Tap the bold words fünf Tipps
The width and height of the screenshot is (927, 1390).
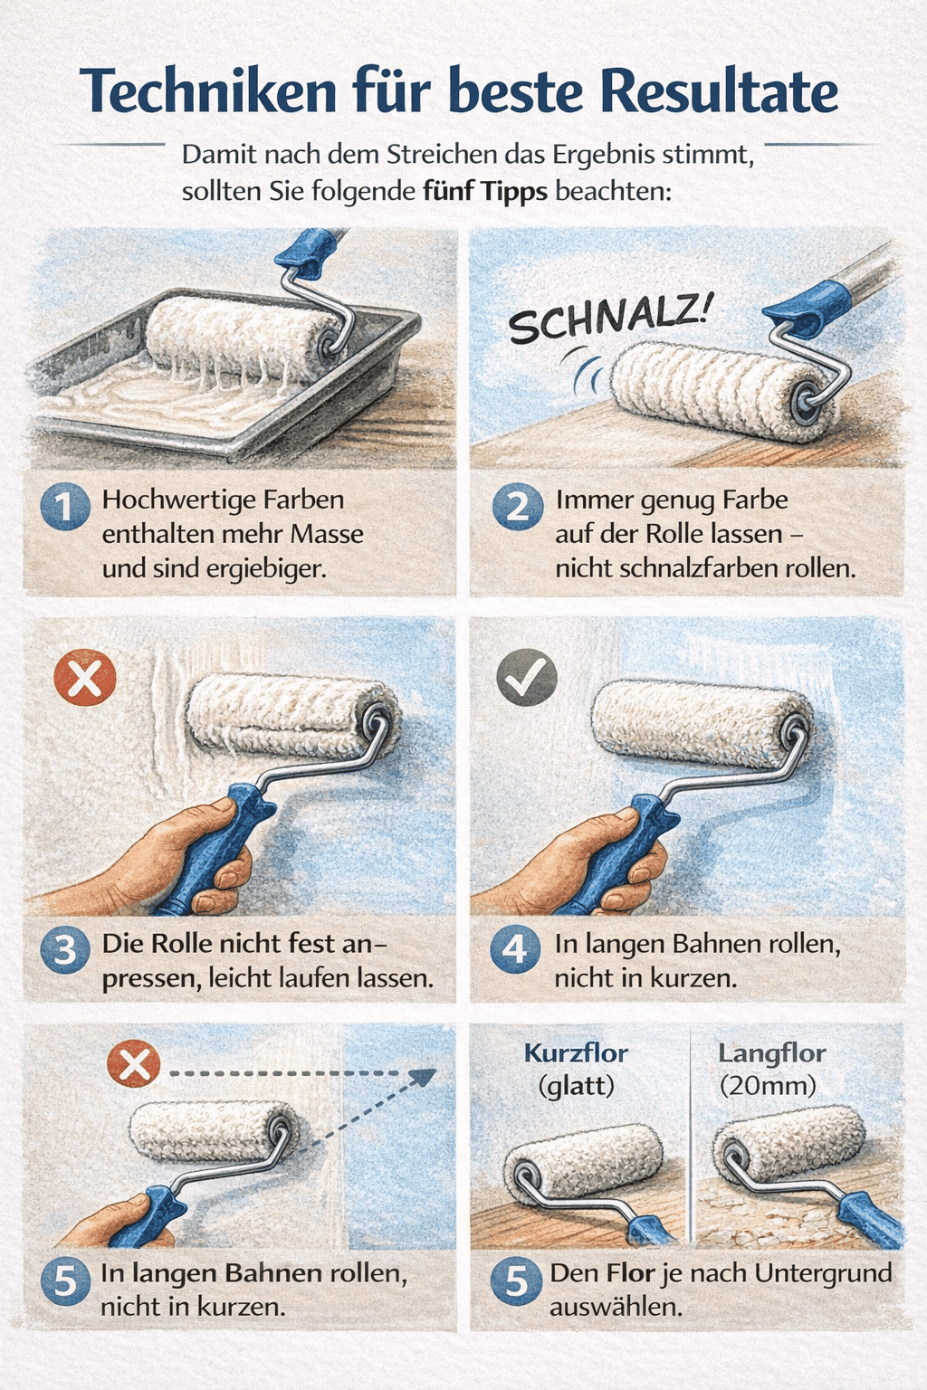point(485,192)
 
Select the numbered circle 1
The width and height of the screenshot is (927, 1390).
point(65,507)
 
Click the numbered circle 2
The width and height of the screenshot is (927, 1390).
point(518,507)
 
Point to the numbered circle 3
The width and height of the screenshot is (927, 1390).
point(65,949)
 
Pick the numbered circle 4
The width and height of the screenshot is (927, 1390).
point(515,949)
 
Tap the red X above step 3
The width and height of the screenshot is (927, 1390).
point(85,678)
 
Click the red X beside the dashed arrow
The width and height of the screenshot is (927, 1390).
point(133,1065)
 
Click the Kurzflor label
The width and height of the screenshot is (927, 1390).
point(576,1053)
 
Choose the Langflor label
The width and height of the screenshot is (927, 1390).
point(772,1053)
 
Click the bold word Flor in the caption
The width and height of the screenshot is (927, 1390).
point(631,1274)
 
